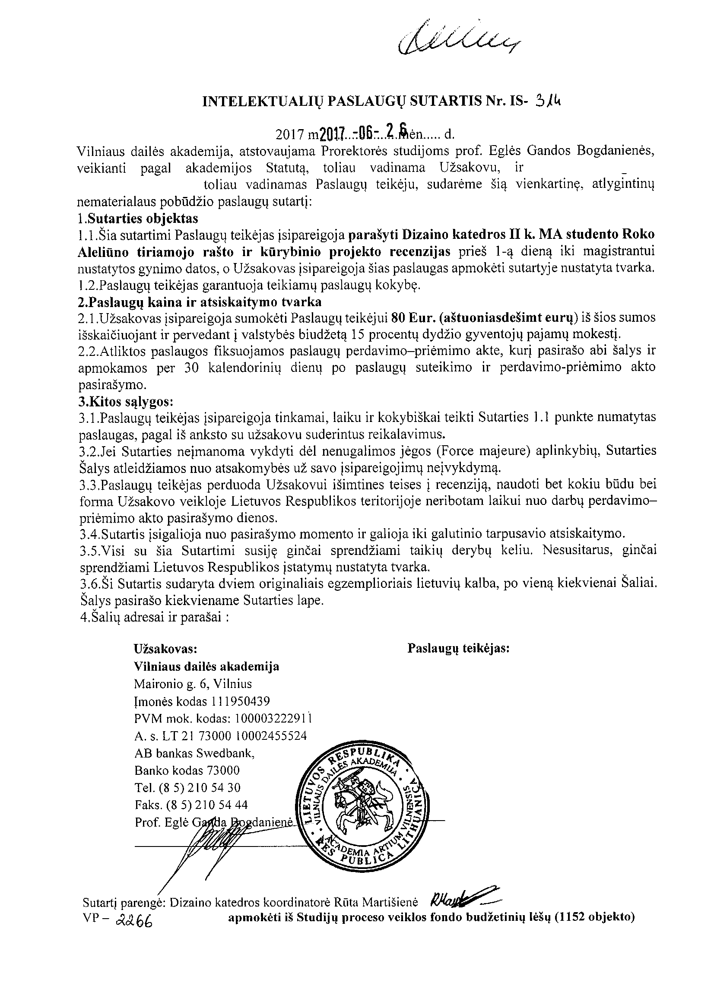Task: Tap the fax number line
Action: point(191,805)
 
